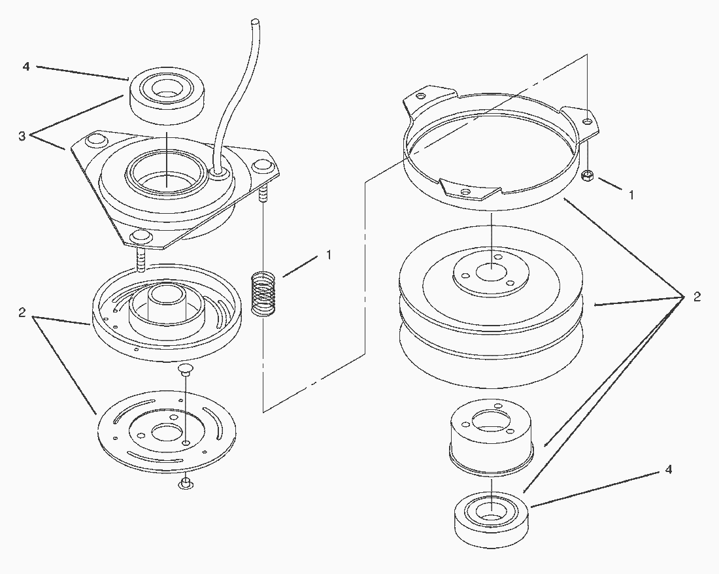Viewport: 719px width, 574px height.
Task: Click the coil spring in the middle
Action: [263, 294]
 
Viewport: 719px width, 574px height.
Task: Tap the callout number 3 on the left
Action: [22, 136]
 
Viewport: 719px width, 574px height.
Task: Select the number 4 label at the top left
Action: [26, 67]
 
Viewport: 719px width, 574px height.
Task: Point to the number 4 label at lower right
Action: [669, 470]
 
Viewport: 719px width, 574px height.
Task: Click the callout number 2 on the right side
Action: [697, 297]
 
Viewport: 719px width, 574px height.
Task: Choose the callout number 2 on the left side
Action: [22, 312]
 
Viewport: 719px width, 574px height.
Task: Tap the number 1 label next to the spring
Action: [329, 254]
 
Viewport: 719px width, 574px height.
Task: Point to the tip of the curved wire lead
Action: [256, 22]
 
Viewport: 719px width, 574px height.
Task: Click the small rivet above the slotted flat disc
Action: [184, 369]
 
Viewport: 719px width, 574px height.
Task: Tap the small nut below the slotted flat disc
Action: [185, 483]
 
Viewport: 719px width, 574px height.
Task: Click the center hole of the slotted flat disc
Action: [165, 432]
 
